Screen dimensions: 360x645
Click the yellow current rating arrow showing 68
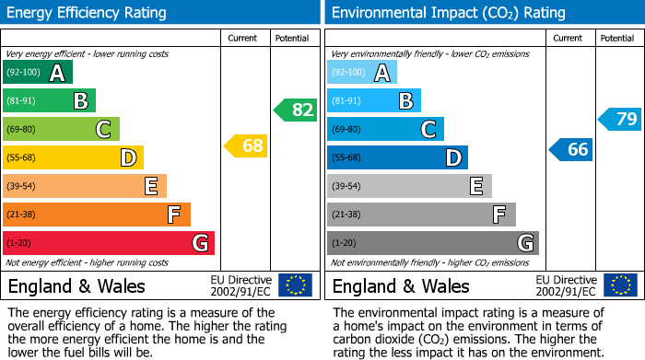tap(246, 145)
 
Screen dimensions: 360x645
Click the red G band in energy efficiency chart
tap(109, 243)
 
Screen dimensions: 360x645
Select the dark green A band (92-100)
tap(38, 73)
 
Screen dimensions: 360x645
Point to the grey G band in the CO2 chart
tap(432, 243)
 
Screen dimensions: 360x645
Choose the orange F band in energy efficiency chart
tap(97, 215)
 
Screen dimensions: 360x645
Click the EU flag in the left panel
tap(296, 285)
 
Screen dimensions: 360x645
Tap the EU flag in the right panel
tap(620, 285)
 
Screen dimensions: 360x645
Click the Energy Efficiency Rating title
tap(88, 13)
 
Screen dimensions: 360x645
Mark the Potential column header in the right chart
tap(616, 38)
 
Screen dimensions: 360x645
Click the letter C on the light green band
tap(104, 130)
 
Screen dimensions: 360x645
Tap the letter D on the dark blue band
tap(452, 158)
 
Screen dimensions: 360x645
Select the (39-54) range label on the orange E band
tap(22, 187)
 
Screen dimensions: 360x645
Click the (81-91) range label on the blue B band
tap(346, 101)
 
